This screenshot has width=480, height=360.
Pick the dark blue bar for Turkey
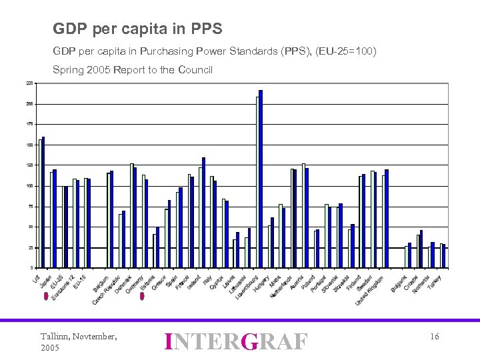[x=444, y=256]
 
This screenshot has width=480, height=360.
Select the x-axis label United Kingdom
[x=370, y=291]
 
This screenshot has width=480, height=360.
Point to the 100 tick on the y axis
[x=29, y=186]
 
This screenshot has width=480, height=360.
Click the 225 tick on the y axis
[x=29, y=83]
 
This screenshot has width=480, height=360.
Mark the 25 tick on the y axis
[x=30, y=247]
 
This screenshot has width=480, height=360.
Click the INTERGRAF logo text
[x=235, y=341]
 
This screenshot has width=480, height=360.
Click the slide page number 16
[x=434, y=337]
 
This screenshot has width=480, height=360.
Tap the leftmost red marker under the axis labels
[x=45, y=297]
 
